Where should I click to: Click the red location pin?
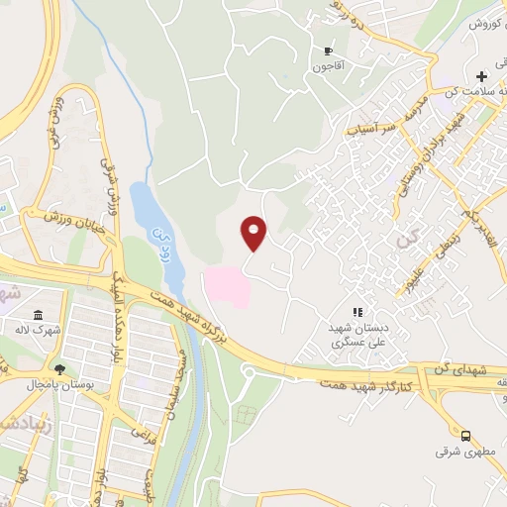254,233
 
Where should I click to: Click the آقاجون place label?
328,67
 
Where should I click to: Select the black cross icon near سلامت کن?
481,76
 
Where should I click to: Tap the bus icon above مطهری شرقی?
464,435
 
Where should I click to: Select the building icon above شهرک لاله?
38,315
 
